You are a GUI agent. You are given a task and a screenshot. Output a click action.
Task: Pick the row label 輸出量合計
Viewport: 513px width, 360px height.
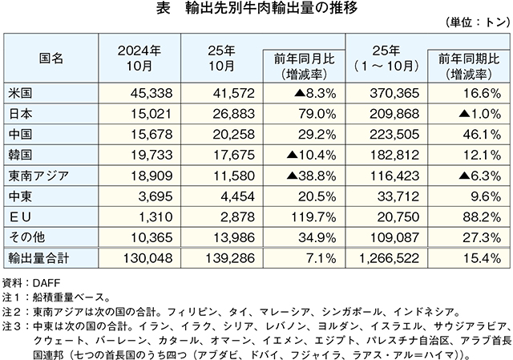[37, 257]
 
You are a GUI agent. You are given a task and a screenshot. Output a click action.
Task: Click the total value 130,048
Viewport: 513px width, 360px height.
[149, 257]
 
